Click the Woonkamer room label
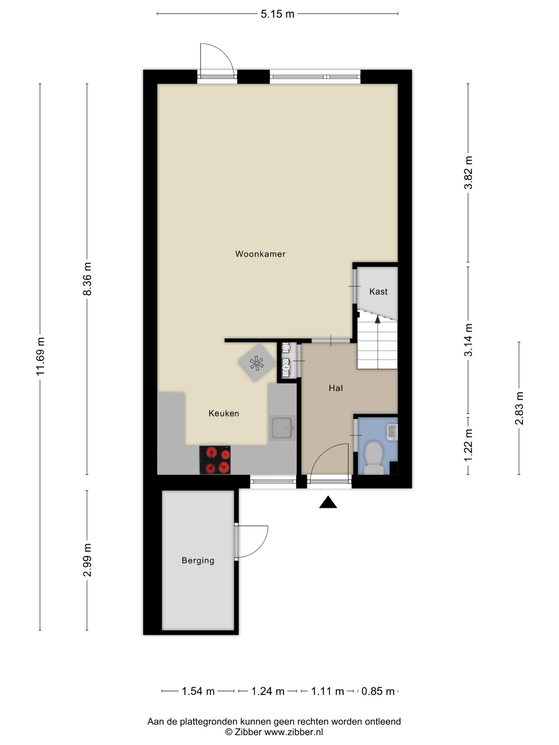[260, 254]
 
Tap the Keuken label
[224, 413]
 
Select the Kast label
[378, 292]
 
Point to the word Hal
[336, 388]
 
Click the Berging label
[198, 560]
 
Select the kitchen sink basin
[282, 428]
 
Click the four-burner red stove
[215, 460]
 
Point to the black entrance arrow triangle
[328, 502]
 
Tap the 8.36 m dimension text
[87, 279]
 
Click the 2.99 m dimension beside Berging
[87, 560]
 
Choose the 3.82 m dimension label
[468, 173]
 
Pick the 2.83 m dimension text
[519, 408]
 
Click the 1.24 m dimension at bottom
[268, 691]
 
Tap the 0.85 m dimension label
[378, 691]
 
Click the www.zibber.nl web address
[293, 732]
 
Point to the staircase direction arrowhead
[378, 319]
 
